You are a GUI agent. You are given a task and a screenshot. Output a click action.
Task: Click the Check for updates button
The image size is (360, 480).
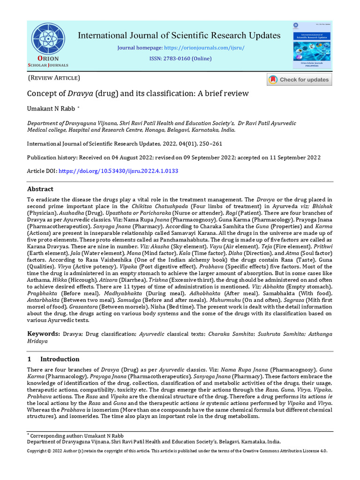point(299,80)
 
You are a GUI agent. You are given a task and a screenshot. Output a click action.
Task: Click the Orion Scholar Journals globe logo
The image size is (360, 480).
point(49,39)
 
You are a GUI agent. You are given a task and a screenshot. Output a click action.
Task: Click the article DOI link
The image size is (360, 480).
point(118,171)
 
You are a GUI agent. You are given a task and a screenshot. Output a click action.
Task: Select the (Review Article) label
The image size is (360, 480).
point(54,78)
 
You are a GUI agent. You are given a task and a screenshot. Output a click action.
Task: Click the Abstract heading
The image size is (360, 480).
point(40,189)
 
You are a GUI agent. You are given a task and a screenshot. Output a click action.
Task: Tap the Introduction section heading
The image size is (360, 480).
point(60,359)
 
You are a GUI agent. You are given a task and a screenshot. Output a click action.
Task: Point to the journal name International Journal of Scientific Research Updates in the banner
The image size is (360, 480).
point(179,36)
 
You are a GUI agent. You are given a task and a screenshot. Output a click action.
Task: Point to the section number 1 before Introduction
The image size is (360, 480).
point(29,359)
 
